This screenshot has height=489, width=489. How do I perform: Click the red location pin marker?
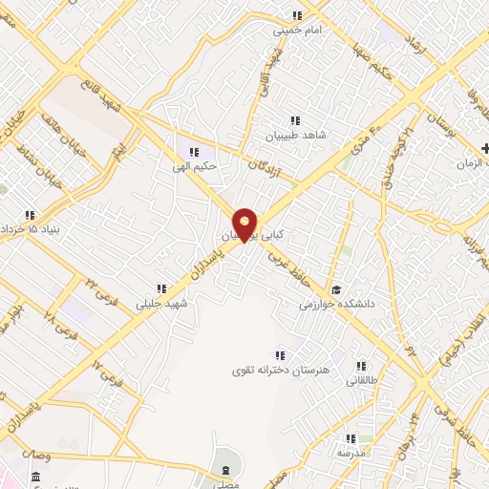click(x=245, y=223)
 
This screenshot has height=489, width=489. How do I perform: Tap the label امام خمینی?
click(x=294, y=30)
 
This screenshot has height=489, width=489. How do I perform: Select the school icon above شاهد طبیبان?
click(x=295, y=120)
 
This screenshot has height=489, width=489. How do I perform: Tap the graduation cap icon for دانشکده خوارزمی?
click(x=334, y=289)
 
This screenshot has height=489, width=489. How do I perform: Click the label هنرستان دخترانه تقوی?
click(x=268, y=369)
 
